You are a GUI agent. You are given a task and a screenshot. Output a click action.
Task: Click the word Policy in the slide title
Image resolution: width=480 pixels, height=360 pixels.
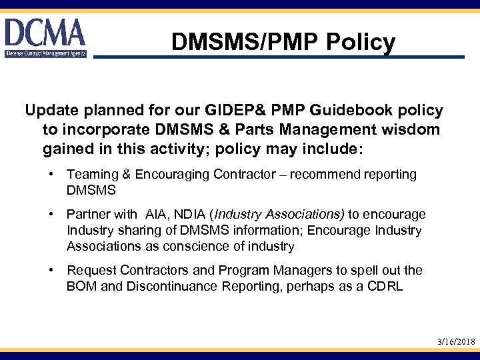(362, 43)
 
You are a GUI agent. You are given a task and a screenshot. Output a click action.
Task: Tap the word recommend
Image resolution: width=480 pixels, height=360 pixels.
(334, 175)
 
